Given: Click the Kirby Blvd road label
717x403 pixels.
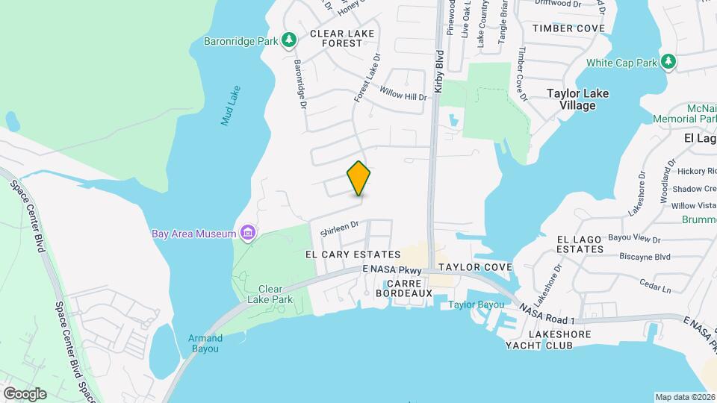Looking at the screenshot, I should tap(440, 72).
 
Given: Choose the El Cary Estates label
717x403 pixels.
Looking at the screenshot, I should tap(353, 254).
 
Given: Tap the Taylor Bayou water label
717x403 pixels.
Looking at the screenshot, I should tap(476, 304).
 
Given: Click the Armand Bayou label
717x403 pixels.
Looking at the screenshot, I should tap(205, 343).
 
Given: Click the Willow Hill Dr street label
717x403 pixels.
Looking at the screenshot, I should tap(403, 96).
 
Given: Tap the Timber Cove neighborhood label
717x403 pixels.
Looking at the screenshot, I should tap(568, 28).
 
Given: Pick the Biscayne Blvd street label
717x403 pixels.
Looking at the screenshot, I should tap(645, 257).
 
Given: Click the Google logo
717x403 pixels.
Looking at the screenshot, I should tap(25, 393).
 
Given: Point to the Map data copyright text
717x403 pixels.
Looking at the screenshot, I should tap(684, 397).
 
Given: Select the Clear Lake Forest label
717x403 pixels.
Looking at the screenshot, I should tap(336, 39).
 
